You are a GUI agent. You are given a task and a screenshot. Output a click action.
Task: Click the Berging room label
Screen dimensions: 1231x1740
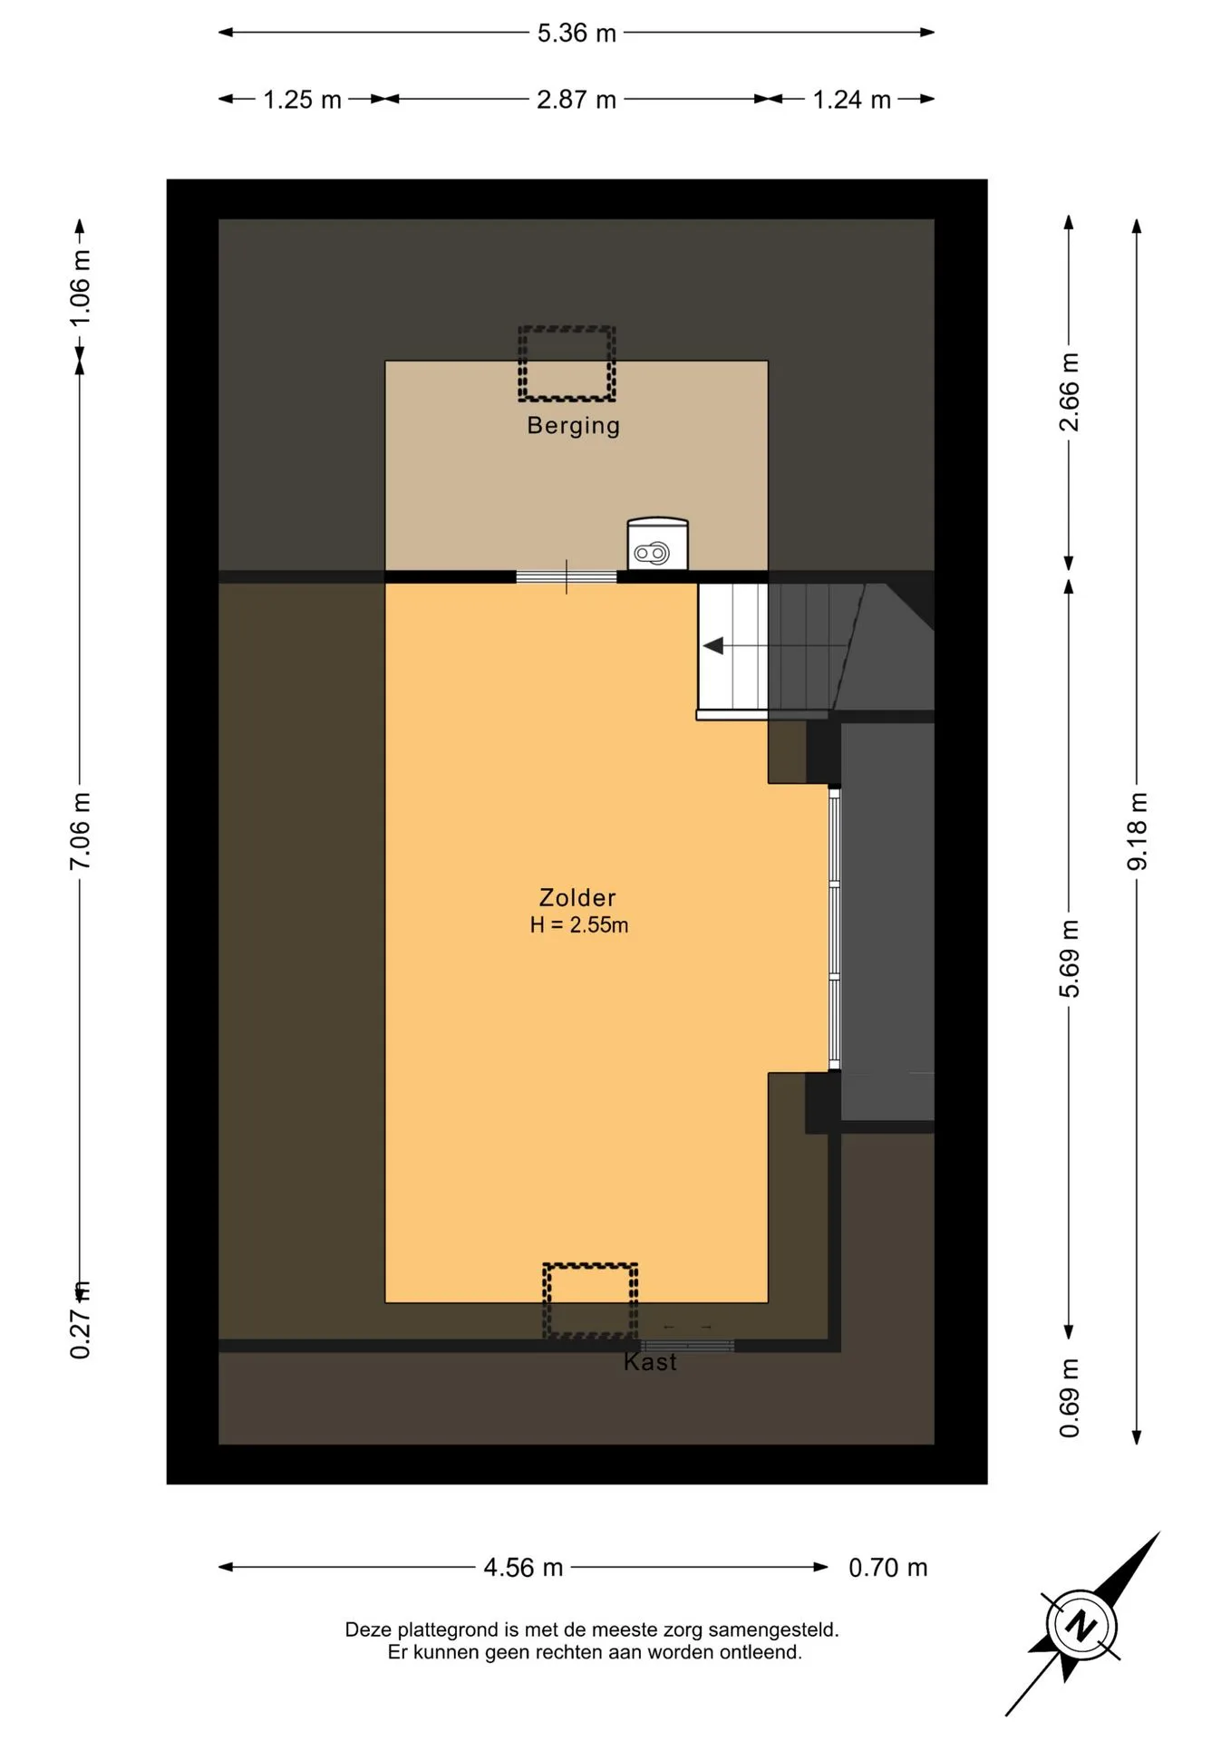[573, 425]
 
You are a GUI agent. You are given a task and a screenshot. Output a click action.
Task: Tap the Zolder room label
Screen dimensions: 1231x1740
[577, 897]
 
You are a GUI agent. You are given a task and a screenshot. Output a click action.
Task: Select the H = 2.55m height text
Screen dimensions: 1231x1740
[578, 925]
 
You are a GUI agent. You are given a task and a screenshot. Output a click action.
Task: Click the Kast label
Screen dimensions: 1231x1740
[650, 1362]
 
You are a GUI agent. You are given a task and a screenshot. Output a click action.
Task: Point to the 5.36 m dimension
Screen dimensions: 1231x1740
[577, 34]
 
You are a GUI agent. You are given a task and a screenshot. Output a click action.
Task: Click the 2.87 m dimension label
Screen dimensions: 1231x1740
[577, 100]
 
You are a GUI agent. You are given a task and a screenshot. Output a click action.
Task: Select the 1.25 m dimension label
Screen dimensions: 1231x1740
[302, 100]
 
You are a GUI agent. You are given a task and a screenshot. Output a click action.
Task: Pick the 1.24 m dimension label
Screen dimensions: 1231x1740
[851, 100]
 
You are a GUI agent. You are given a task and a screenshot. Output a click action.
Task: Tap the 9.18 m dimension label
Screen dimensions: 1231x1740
[1137, 831]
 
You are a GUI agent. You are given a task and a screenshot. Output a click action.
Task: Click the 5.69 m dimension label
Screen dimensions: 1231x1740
[1070, 959]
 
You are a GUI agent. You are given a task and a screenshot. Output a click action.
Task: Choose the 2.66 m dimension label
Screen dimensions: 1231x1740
[1070, 392]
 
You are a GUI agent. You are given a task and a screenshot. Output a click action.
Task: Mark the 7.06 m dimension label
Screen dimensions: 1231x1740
[80, 831]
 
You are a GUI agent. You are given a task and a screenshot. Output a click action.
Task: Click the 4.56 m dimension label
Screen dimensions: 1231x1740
[523, 1568]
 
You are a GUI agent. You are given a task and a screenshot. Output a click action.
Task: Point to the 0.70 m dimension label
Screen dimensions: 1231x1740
[887, 1568]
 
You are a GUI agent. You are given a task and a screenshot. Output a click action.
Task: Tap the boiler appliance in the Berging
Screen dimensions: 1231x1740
[657, 544]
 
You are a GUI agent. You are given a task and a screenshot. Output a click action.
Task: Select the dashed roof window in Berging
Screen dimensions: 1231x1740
[567, 363]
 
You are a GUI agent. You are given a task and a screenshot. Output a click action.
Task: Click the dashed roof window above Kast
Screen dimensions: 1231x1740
[590, 1300]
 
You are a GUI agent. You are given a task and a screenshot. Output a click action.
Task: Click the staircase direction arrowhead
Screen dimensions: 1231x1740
[713, 646]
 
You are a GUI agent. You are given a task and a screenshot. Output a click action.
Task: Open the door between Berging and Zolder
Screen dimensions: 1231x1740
[567, 576]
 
